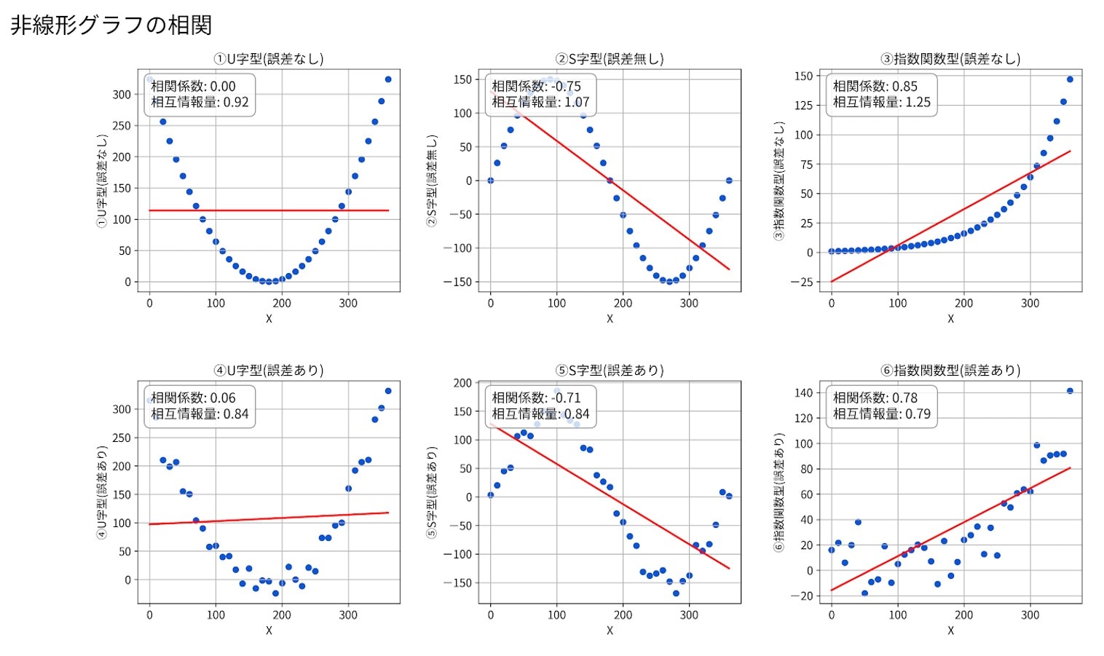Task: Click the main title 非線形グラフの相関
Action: (x=111, y=25)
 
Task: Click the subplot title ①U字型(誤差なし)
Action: (x=269, y=59)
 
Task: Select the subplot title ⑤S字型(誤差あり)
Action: (x=610, y=371)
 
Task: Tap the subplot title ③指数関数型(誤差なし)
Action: (x=950, y=59)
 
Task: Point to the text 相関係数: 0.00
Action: (x=193, y=86)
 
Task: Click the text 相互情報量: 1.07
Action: (x=540, y=102)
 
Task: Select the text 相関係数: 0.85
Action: (x=875, y=86)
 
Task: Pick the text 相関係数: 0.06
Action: (x=193, y=398)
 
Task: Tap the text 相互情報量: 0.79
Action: (x=881, y=414)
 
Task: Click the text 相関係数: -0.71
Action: (x=536, y=398)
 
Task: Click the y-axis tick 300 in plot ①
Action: (x=122, y=95)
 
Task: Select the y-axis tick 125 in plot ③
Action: (x=803, y=106)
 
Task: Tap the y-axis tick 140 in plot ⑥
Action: (x=803, y=393)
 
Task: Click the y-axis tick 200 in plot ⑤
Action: (x=462, y=383)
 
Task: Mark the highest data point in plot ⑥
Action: (x=1070, y=391)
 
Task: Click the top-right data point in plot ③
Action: (x=1070, y=79)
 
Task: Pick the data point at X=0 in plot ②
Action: (x=491, y=181)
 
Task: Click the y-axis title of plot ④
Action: (x=102, y=492)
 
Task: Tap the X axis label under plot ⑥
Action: (x=950, y=631)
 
